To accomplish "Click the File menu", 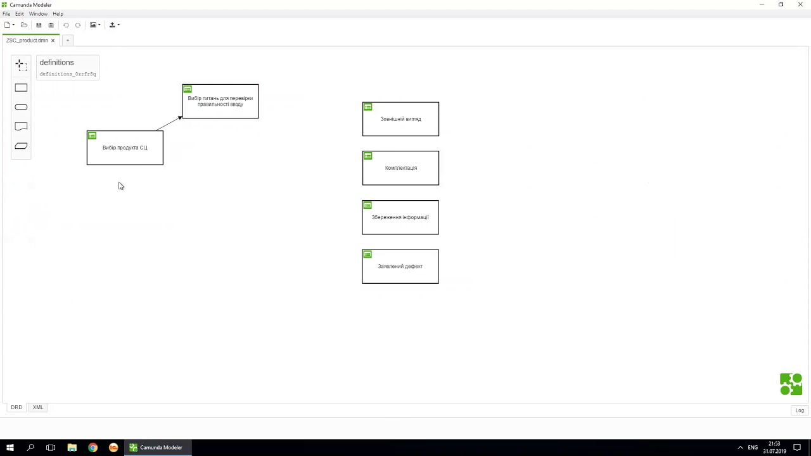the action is [x=6, y=14].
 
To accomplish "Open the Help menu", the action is [x=58, y=14].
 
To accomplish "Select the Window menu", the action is [x=38, y=14].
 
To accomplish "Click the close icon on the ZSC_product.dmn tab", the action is [x=53, y=41].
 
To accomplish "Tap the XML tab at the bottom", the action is [x=38, y=407].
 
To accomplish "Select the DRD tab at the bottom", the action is [x=16, y=407].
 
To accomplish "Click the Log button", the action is [x=800, y=410].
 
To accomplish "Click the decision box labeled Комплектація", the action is [x=400, y=168].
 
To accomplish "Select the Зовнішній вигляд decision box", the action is [x=400, y=119].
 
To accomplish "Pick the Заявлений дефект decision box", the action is [x=400, y=267].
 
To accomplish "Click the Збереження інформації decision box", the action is [x=400, y=217].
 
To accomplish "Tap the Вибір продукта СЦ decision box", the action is [x=125, y=148].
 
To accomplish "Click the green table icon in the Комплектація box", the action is [x=368, y=156].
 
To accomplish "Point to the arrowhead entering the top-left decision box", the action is [x=180, y=118].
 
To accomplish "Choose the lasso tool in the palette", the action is [x=21, y=65].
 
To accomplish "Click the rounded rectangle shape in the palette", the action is [x=21, y=107].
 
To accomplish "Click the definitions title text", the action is [x=56, y=62].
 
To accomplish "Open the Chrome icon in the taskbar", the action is [x=93, y=448].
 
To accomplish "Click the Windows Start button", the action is [x=10, y=448].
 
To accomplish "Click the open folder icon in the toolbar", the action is [x=24, y=25].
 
